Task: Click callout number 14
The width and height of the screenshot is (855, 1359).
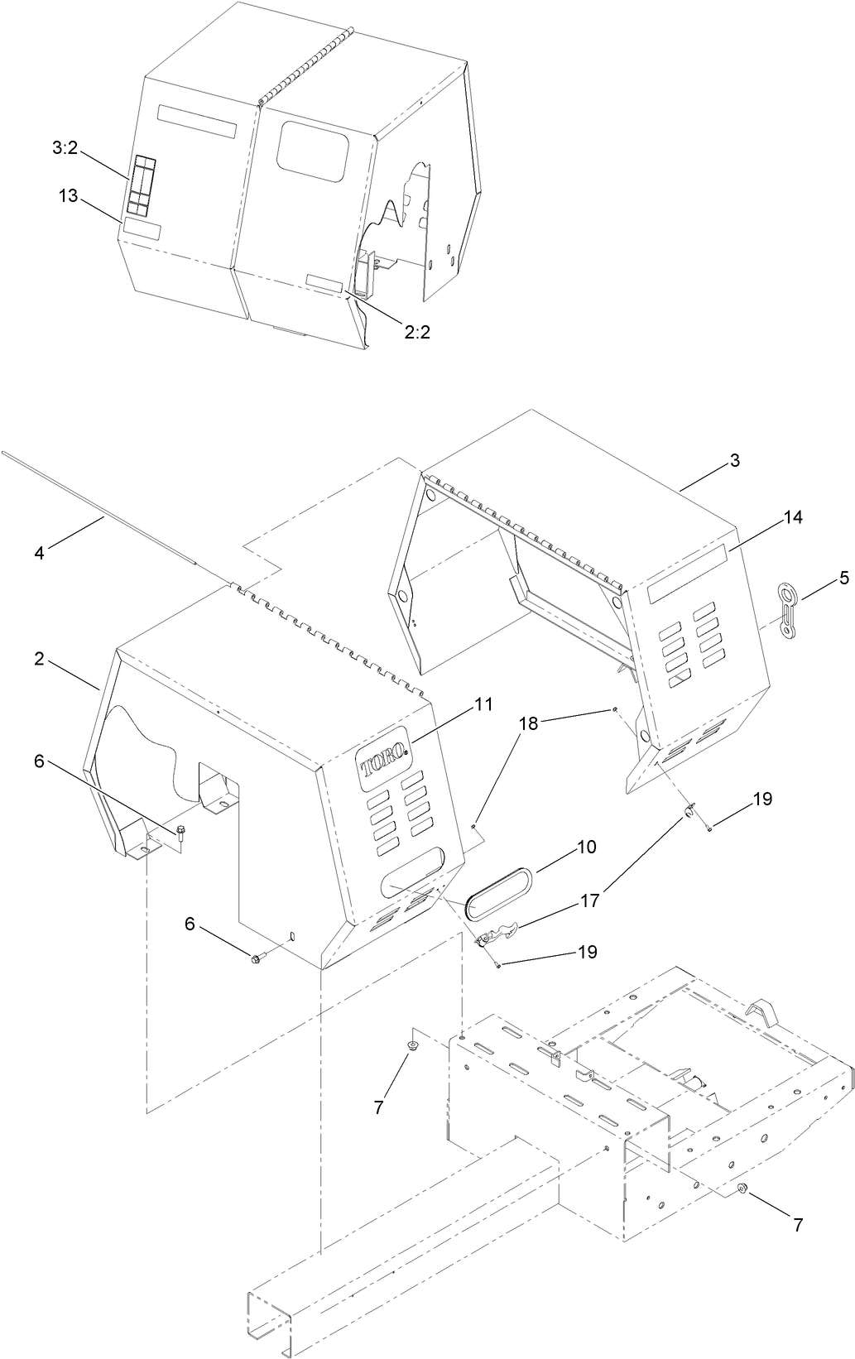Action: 793,517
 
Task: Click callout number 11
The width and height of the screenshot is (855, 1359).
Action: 483,704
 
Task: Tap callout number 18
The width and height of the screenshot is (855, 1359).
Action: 528,723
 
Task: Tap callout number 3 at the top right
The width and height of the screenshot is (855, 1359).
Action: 734,461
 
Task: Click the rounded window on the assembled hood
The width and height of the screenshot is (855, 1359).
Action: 313,151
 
